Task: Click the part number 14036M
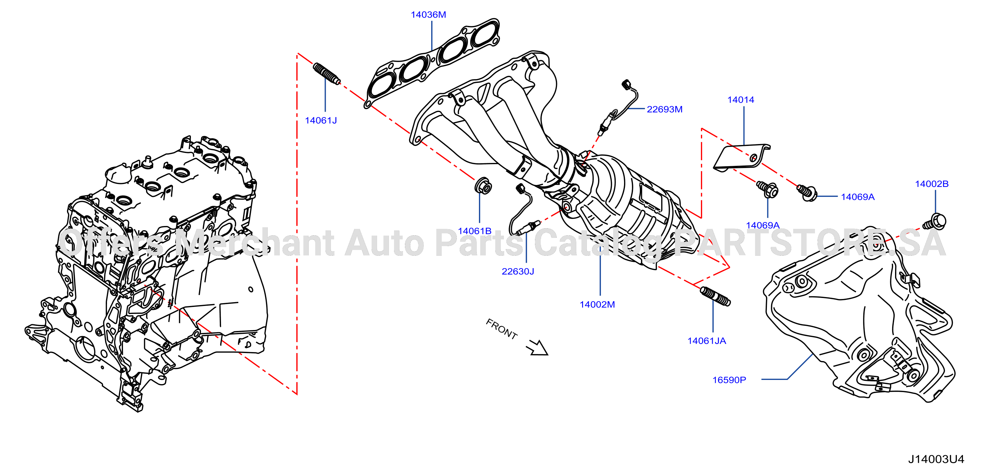pyautogui.click(x=428, y=15)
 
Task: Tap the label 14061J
pyautogui.click(x=321, y=121)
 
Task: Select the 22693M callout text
pyautogui.click(x=665, y=109)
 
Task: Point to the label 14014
pyautogui.click(x=741, y=100)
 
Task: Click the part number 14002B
pyautogui.click(x=932, y=184)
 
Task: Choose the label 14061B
pyautogui.click(x=475, y=231)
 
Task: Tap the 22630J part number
pyautogui.click(x=518, y=271)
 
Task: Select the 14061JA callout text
pyautogui.click(x=707, y=341)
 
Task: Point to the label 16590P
pyautogui.click(x=729, y=380)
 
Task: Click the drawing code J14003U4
pyautogui.click(x=936, y=459)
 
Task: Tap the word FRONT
pyautogui.click(x=502, y=329)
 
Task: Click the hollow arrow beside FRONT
pyautogui.click(x=537, y=347)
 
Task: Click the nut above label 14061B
pyautogui.click(x=483, y=185)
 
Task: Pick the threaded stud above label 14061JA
pyautogui.click(x=715, y=296)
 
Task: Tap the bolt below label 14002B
pyautogui.click(x=934, y=221)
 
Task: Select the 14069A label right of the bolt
pyautogui.click(x=858, y=197)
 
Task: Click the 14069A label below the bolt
pyautogui.click(x=763, y=225)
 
